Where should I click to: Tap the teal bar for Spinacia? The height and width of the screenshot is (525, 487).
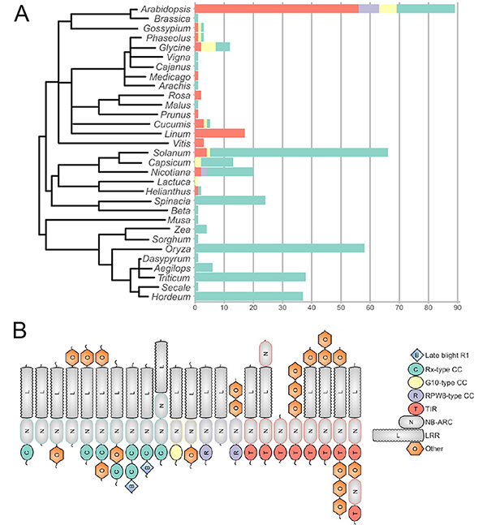pyautogui.click(x=231, y=200)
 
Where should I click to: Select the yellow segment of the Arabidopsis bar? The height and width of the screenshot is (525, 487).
pyautogui.click(x=388, y=8)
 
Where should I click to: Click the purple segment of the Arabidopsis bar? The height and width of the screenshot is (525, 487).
pyautogui.click(x=369, y=8)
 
